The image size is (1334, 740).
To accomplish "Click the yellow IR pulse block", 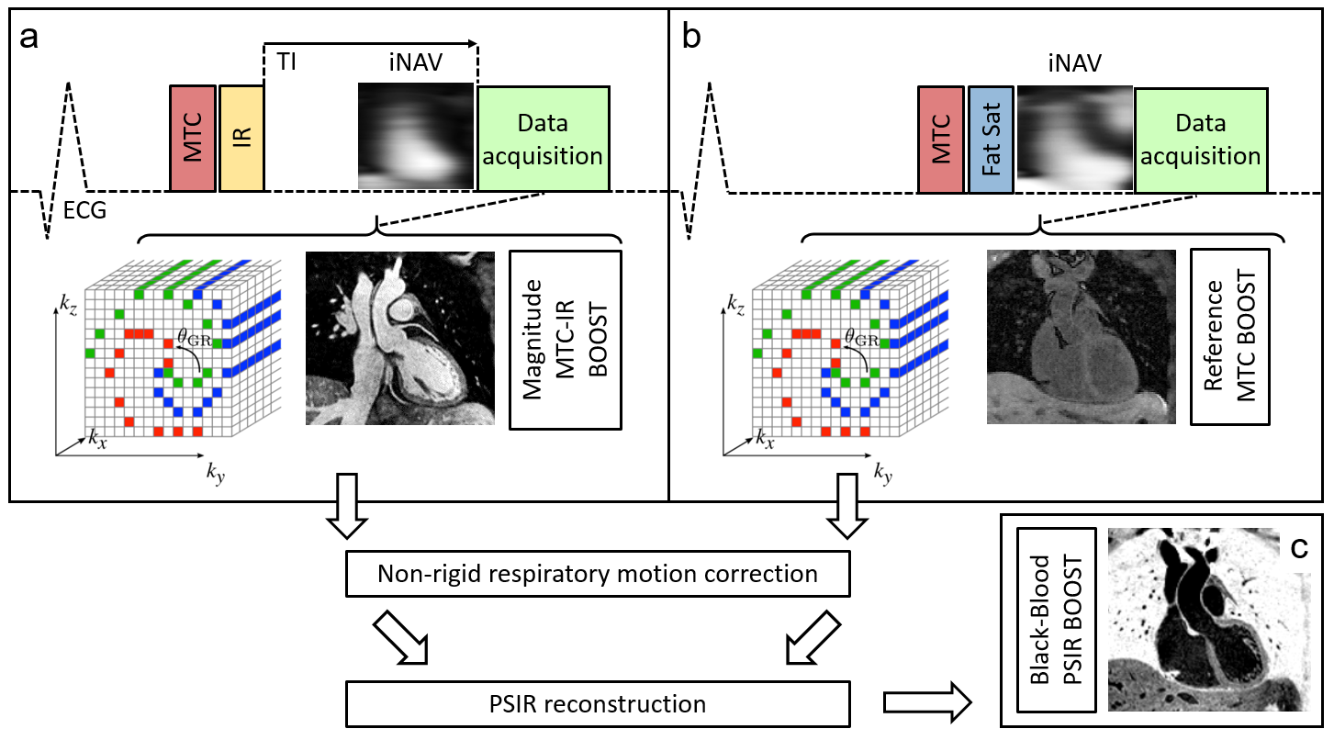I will (x=241, y=139).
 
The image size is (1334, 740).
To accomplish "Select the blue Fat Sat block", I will (x=991, y=139).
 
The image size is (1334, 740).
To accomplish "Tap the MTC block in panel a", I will (x=193, y=139).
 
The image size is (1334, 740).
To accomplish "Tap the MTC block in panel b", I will (x=941, y=139).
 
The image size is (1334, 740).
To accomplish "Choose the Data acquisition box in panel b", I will (x=1200, y=139).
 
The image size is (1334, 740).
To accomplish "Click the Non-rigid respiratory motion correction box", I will (x=598, y=575).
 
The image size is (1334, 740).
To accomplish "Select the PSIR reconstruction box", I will (x=598, y=705).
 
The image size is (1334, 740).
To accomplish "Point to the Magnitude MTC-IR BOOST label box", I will (x=566, y=339).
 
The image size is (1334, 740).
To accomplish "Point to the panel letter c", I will (x=1299, y=547).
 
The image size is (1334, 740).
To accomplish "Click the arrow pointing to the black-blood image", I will (x=926, y=704).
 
